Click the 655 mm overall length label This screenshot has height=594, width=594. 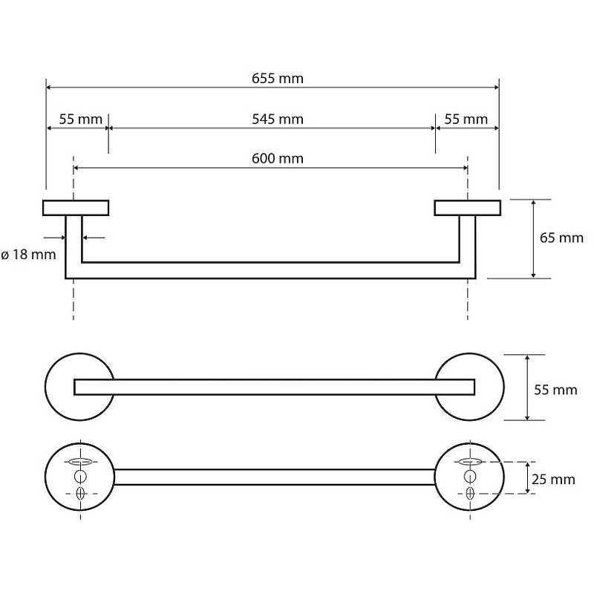click(278, 79)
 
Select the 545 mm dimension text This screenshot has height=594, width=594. click(278, 120)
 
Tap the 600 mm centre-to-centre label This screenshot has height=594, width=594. click(278, 158)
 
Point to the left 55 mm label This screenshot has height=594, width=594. click(81, 120)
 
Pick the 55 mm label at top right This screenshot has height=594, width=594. click(466, 120)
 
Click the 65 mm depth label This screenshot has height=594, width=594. click(561, 238)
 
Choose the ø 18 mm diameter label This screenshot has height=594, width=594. click(29, 254)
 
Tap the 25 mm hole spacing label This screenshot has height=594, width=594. click(553, 479)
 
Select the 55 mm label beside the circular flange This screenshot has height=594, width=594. click(555, 390)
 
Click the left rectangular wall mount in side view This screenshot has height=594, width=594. click(76, 208)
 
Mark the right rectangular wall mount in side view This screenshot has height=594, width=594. click(468, 208)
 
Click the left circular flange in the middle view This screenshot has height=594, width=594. click(79, 387)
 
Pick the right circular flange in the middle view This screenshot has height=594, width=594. click(469, 387)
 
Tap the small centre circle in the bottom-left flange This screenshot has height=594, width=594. click(80, 477)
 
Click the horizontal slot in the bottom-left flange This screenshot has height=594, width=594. click(80, 461)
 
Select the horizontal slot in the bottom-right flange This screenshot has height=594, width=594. click(470, 461)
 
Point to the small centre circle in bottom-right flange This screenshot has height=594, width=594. click(470, 477)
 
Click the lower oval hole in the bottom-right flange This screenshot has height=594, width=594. click(470, 493)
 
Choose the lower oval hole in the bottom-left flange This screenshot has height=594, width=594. click(80, 493)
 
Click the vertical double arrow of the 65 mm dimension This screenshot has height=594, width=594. click(533, 239)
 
